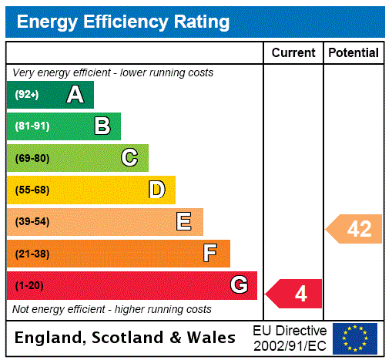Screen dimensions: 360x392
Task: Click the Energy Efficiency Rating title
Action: (122, 22)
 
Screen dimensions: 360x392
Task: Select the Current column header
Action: (293, 53)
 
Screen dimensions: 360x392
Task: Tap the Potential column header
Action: (353, 53)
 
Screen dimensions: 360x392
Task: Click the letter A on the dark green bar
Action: (75, 95)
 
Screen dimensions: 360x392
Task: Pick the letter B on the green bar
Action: (102, 126)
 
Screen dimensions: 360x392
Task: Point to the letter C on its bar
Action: (129, 158)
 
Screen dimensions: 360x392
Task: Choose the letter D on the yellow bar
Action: (156, 190)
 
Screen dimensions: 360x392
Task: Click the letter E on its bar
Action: (184, 222)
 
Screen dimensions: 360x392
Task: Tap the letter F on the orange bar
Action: (210, 254)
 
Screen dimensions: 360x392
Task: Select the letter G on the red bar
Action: (239, 285)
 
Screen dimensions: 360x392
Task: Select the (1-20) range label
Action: (29, 286)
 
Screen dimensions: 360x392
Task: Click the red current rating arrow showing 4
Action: (295, 294)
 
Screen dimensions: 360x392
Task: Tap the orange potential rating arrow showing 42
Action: (354, 229)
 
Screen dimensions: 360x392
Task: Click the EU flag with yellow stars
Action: (355, 338)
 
